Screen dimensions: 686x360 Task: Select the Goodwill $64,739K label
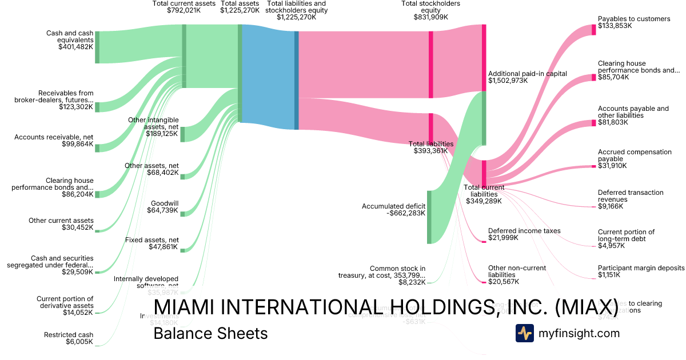(x=165, y=207)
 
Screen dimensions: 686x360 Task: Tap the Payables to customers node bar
(x=593, y=30)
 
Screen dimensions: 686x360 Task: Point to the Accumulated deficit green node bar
(x=429, y=217)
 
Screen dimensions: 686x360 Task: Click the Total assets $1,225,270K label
(x=240, y=7)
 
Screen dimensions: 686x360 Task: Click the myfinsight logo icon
(x=524, y=333)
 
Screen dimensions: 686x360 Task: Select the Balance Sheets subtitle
(x=210, y=333)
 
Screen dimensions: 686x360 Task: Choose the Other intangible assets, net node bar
(x=182, y=134)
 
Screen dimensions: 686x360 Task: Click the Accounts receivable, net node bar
(x=97, y=148)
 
